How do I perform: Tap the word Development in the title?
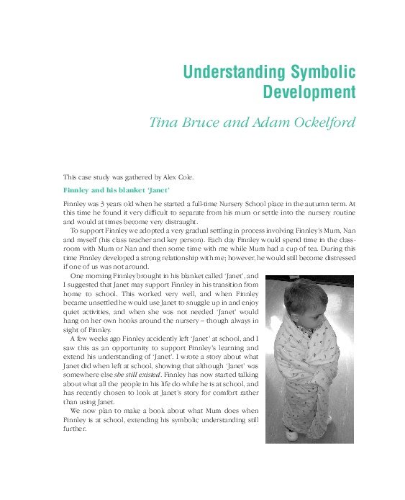point(309,92)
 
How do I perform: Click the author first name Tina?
point(165,122)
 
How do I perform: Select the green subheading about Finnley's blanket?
point(117,190)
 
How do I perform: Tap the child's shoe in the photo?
point(291,434)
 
